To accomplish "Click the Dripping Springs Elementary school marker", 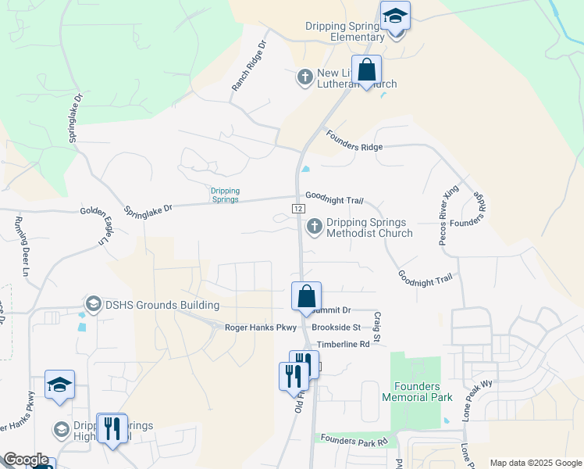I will pyautogui.click(x=396, y=16).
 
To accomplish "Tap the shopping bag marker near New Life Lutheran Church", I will pyautogui.click(x=366, y=70).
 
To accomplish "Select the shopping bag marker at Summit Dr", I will pyautogui.click(x=307, y=296).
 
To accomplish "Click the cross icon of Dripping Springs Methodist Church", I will pyautogui.click(x=315, y=227).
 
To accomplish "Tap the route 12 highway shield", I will pyautogui.click(x=298, y=209).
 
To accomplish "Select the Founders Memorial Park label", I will pyautogui.click(x=417, y=392).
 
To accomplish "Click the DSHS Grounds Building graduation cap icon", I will pyautogui.click(x=93, y=304).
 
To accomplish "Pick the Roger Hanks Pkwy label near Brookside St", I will pyautogui.click(x=261, y=328).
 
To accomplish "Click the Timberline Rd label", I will pyautogui.click(x=343, y=344).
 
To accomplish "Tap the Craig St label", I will pyautogui.click(x=377, y=326).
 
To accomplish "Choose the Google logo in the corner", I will pyautogui.click(x=26, y=460).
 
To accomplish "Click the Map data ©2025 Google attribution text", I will pyautogui.click(x=535, y=463).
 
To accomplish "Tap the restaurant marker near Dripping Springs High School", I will pyautogui.click(x=112, y=428).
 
